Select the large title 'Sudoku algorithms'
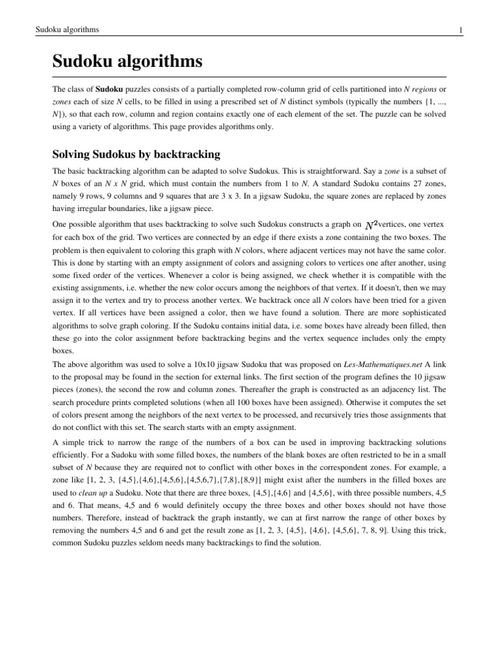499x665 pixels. pos(127,63)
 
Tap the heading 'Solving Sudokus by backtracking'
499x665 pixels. pos(136,154)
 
